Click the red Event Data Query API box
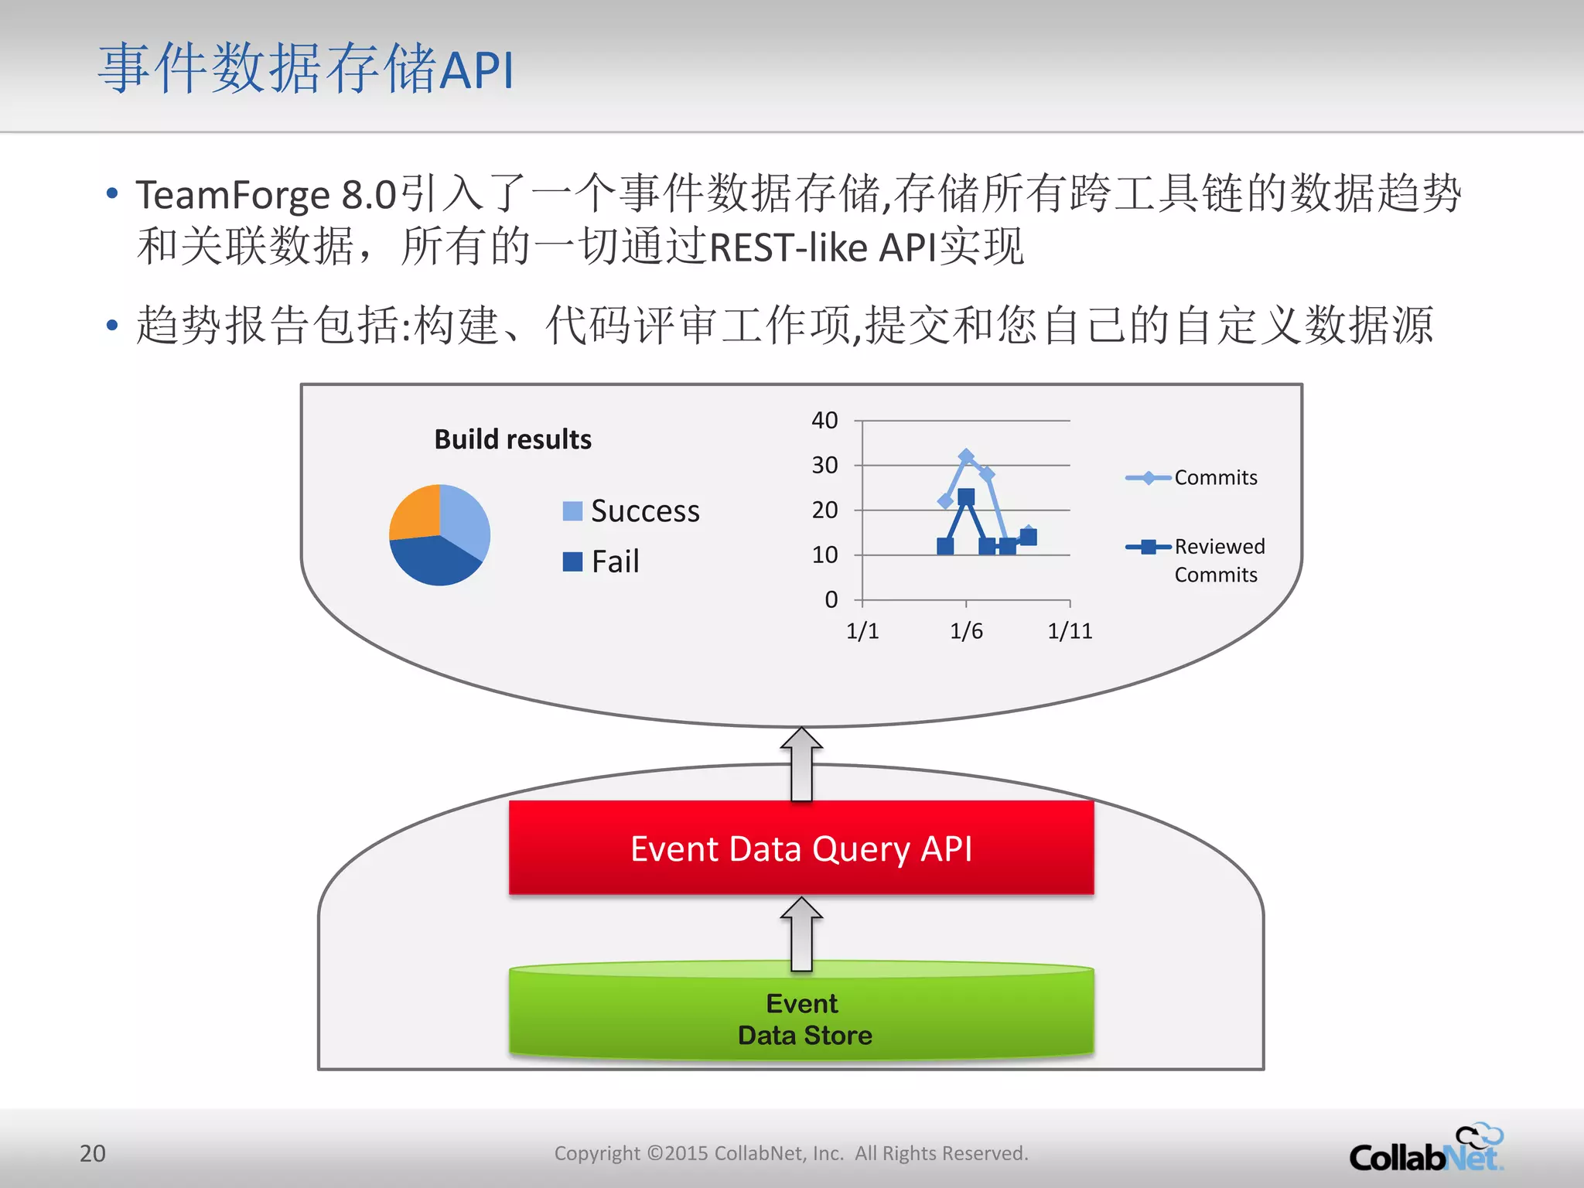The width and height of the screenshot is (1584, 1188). pyautogui.click(x=801, y=848)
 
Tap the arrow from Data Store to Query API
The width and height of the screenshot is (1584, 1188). pyautogui.click(x=801, y=934)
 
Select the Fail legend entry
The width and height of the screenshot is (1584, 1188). pyautogui.click(x=602, y=562)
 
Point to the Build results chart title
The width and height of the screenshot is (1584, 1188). pyautogui.click(x=513, y=439)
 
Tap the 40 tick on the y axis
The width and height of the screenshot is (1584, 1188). pyautogui.click(x=824, y=421)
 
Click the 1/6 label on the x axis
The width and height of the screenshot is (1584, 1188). pyautogui.click(x=966, y=631)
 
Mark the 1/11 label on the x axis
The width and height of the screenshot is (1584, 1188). pyautogui.click(x=1070, y=631)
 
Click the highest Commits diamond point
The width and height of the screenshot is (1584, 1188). pyautogui.click(x=966, y=456)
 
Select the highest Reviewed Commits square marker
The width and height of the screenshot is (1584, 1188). pyautogui.click(x=966, y=497)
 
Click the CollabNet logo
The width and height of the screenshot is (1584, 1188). pyautogui.click(x=1425, y=1150)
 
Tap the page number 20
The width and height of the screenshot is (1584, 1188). pyautogui.click(x=93, y=1153)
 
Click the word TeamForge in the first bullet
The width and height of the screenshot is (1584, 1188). pyautogui.click(x=233, y=195)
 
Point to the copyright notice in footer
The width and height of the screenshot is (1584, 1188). pyautogui.click(x=791, y=1153)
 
